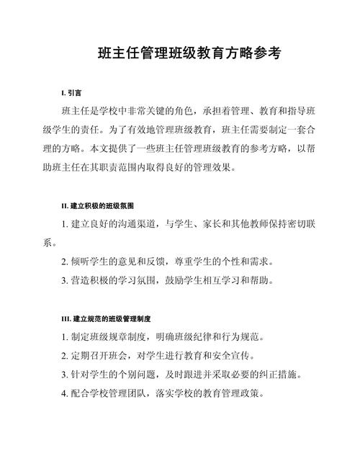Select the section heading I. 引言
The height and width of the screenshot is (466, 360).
click(71, 94)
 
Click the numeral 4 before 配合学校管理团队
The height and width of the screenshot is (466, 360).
click(65, 393)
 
